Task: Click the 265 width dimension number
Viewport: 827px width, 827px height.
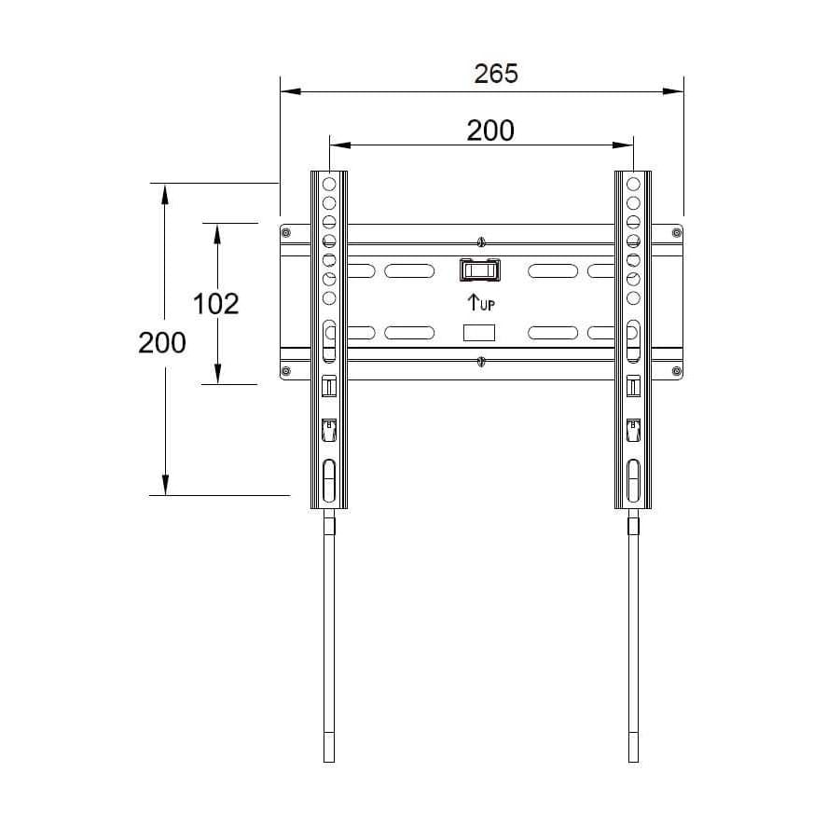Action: (x=495, y=73)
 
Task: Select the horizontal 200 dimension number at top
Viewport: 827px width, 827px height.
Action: (x=489, y=131)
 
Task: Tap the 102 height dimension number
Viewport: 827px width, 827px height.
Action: (x=215, y=303)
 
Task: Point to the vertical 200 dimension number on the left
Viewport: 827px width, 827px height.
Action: (x=162, y=342)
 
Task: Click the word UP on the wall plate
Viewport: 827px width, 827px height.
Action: (x=487, y=304)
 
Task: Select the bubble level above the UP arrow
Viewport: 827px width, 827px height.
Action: (x=479, y=269)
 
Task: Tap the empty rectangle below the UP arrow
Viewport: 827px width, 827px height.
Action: (x=479, y=333)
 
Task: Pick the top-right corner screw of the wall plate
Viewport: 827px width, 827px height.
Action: (x=677, y=231)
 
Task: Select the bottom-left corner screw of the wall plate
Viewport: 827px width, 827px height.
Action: (x=286, y=372)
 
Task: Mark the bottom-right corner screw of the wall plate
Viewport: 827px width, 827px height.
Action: (x=677, y=372)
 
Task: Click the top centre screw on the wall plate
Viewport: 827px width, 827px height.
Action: (x=480, y=242)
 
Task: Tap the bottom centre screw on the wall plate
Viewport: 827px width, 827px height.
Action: (x=480, y=362)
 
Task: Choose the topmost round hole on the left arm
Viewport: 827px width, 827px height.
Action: (x=329, y=185)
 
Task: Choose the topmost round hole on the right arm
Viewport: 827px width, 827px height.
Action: (x=633, y=185)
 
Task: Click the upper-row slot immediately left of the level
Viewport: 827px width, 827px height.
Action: (x=409, y=271)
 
